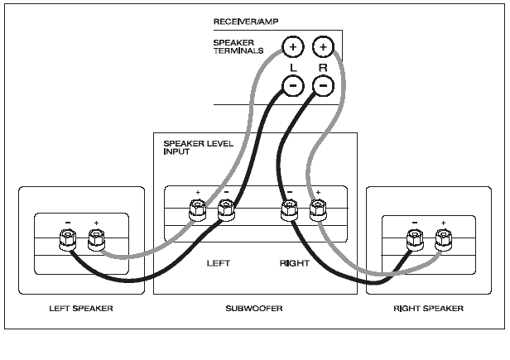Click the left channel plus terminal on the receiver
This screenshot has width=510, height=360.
(293, 47)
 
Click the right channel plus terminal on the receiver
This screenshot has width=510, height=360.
(323, 47)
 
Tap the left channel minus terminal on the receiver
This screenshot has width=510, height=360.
(293, 85)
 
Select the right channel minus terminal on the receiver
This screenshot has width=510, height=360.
(323, 85)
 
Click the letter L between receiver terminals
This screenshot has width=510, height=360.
(293, 68)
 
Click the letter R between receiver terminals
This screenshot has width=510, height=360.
(323, 68)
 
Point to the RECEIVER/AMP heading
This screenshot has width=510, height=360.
(246, 22)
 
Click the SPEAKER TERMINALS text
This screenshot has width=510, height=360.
(238, 46)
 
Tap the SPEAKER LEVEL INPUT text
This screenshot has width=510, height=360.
(199, 147)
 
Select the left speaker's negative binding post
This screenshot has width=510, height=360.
(68, 239)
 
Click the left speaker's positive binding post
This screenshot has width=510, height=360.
(96, 240)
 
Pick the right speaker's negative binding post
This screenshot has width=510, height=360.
(415, 240)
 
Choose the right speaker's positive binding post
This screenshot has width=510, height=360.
(444, 240)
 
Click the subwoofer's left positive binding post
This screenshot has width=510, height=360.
(197, 210)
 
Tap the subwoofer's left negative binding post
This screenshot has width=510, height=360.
(226, 210)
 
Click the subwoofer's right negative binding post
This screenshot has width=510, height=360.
(290, 210)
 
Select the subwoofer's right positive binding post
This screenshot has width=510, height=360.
(318, 210)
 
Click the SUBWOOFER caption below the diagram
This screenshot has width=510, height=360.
(254, 309)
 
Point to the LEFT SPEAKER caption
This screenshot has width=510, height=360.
(81, 309)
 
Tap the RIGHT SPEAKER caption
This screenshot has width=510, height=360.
(428, 309)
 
